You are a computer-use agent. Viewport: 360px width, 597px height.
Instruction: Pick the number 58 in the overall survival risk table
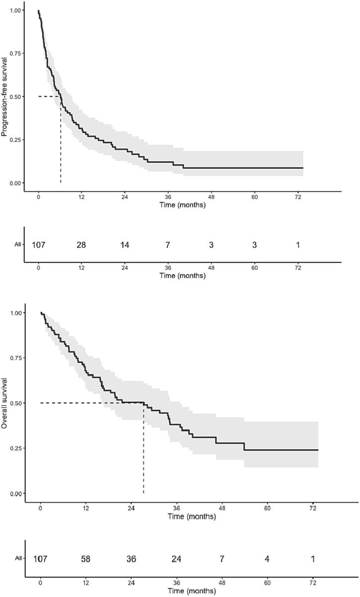tap(86, 559)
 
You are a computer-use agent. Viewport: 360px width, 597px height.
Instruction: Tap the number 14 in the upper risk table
tap(125, 245)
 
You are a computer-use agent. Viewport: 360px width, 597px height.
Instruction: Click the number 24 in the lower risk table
tap(177, 559)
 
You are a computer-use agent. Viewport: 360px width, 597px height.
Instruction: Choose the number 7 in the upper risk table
tap(168, 245)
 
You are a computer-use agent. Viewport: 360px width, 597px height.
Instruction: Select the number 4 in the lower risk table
tap(268, 559)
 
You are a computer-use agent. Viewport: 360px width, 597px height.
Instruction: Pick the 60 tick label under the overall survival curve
tap(268, 509)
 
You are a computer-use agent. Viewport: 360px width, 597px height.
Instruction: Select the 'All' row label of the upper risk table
tap(18, 245)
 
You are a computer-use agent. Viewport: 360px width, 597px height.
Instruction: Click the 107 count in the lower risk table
tap(41, 559)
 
